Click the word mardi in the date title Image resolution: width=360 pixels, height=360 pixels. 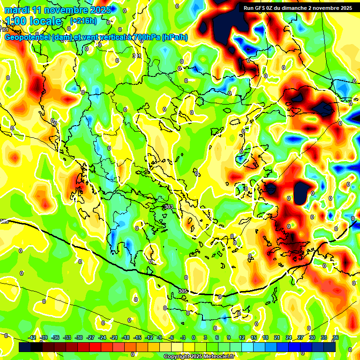(17, 10)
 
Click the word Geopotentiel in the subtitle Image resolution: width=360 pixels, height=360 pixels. (28, 37)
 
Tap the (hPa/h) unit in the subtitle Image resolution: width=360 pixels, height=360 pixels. (175, 37)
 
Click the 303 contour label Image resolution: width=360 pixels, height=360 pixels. (169, 207)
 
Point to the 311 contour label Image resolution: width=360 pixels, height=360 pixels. (137, 56)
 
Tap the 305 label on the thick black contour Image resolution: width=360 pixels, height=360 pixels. (183, 291)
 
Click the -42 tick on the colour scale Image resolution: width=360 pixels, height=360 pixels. (32, 337)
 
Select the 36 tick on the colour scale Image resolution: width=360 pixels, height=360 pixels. (336, 337)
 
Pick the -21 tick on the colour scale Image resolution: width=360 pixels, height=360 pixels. (114, 337)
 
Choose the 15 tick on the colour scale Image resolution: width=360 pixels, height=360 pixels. (254, 337)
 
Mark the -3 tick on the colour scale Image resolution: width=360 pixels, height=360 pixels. (183, 337)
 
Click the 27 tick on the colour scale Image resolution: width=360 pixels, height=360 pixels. (300, 337)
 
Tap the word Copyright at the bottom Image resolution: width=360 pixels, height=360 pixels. (178, 356)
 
